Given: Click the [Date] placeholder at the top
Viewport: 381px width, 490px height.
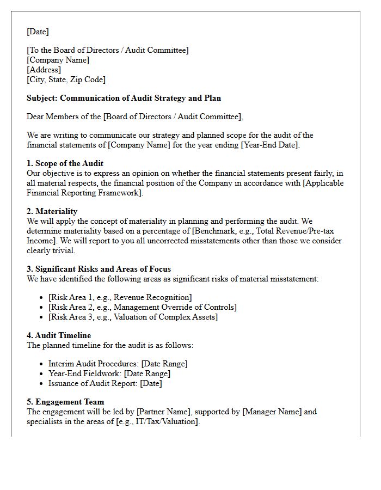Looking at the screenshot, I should (38, 32).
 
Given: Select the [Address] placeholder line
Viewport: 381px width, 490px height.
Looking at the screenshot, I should (44, 70).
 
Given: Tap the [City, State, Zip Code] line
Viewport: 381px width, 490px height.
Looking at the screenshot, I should (66, 79).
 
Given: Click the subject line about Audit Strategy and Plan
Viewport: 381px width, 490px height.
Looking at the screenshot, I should (124, 98).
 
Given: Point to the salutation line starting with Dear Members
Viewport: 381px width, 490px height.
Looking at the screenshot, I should (135, 117).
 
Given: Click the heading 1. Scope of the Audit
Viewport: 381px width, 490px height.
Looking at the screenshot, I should (65, 163).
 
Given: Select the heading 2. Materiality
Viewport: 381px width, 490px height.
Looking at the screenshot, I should (52, 211).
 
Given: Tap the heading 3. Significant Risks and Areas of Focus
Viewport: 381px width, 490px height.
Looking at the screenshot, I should (99, 269).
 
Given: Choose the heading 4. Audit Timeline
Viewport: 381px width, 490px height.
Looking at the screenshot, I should (59, 335).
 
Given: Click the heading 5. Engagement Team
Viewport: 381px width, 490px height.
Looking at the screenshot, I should (65, 402).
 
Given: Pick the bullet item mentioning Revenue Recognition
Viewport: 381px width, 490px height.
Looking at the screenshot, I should (120, 297).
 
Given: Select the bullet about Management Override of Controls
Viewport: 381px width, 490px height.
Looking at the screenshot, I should (142, 307).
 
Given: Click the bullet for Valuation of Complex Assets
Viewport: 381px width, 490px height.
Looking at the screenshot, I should (133, 317).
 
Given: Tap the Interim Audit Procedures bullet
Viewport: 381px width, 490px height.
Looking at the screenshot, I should (118, 364).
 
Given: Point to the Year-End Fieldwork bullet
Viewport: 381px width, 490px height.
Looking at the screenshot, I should (109, 373).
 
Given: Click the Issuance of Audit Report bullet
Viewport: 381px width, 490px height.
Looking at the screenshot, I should (105, 383).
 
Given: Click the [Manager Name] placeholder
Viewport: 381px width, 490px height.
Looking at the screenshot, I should (272, 412).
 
